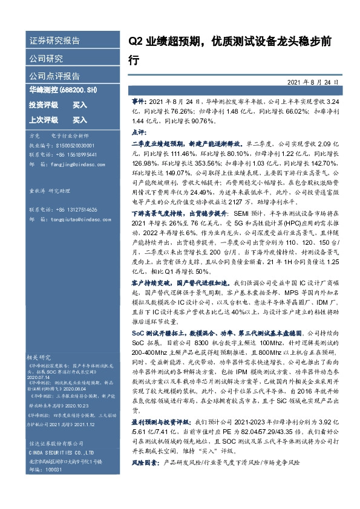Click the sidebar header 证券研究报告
(54, 41)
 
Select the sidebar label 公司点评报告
(54, 76)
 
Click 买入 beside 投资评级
(79, 105)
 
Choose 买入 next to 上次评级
(79, 120)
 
